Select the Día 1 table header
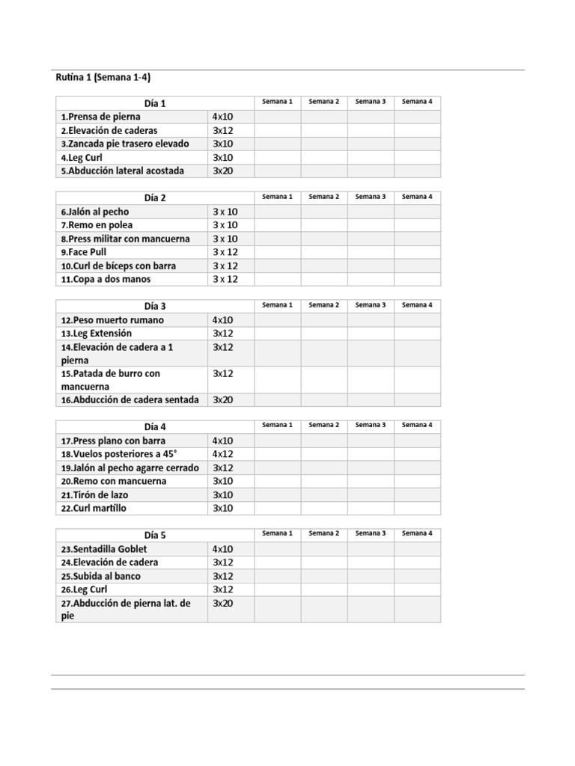click(x=155, y=103)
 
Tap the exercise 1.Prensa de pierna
click(x=101, y=117)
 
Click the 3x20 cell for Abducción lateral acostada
click(x=223, y=171)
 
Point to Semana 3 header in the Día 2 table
click(x=370, y=197)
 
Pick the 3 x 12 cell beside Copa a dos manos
click(x=225, y=279)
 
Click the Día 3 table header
click(x=155, y=306)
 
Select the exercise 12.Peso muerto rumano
click(x=112, y=319)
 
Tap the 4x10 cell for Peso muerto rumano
click(x=223, y=319)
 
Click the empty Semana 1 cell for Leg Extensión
click(x=277, y=333)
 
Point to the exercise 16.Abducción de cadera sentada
click(x=130, y=399)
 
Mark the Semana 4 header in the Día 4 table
click(x=417, y=425)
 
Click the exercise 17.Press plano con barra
click(x=114, y=441)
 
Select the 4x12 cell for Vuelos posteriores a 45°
click(x=223, y=454)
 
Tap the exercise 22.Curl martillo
click(x=94, y=508)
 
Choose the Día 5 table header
click(x=155, y=535)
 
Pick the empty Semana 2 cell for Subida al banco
click(x=324, y=576)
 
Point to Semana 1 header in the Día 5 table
click(x=277, y=533)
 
